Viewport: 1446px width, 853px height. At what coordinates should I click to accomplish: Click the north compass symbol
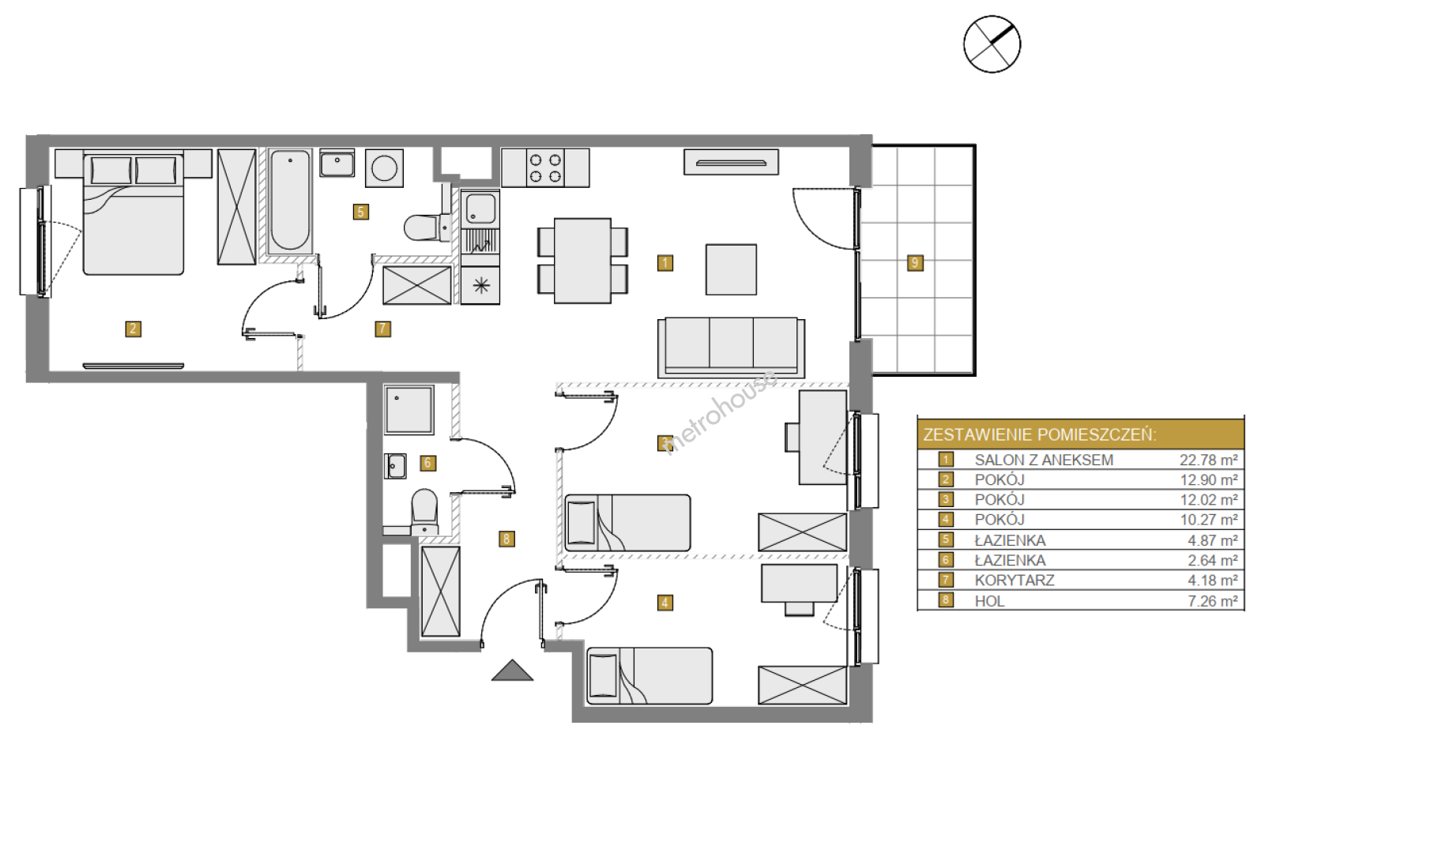click(992, 44)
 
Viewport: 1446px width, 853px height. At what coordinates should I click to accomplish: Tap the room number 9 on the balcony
click(915, 263)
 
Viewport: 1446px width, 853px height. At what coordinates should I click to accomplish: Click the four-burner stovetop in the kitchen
click(545, 167)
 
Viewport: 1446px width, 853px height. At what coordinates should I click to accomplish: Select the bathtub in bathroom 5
click(290, 201)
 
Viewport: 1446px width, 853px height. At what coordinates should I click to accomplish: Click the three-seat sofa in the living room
click(731, 347)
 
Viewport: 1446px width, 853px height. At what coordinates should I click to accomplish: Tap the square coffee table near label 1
click(731, 269)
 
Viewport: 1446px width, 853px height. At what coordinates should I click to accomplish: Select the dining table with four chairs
click(582, 261)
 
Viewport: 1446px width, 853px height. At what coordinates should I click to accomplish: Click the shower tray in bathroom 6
click(409, 410)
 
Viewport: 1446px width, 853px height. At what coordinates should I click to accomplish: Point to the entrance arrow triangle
click(512, 671)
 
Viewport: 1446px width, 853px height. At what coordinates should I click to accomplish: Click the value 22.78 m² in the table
click(1208, 460)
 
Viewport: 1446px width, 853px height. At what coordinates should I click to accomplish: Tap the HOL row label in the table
click(989, 601)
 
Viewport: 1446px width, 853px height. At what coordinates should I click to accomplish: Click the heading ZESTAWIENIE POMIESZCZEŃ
click(1040, 434)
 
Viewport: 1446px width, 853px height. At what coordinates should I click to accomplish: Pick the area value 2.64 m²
click(1212, 561)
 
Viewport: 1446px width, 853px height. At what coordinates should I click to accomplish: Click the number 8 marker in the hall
click(506, 539)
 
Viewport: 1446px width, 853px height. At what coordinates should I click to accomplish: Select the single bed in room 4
click(650, 676)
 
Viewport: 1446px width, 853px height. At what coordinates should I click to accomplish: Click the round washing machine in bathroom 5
click(385, 168)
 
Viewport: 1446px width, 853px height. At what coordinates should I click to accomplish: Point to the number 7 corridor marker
click(382, 329)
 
